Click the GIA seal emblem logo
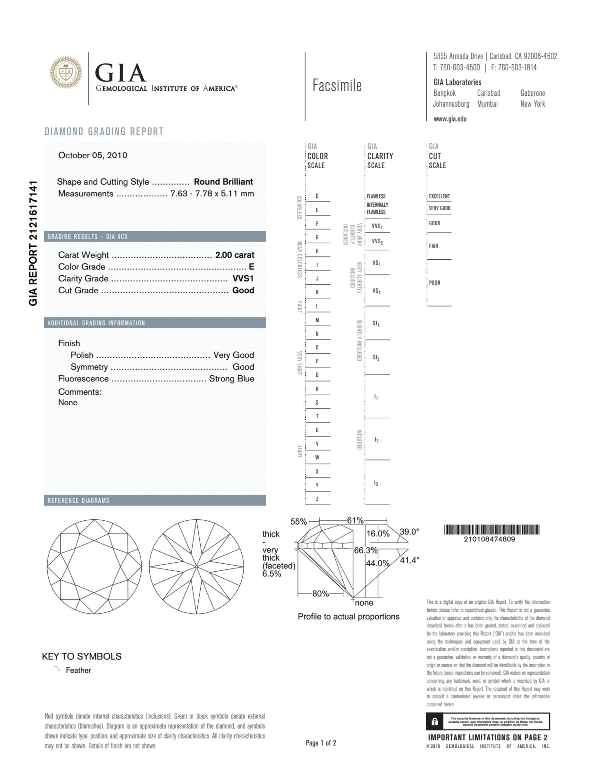click(66, 72)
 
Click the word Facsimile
click(337, 86)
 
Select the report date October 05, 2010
click(92, 155)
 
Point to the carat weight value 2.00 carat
click(234, 255)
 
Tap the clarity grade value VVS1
click(243, 279)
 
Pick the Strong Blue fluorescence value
click(232, 379)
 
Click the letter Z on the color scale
click(317, 499)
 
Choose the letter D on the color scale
click(317, 196)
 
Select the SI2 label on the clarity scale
click(376, 357)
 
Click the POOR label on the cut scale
click(434, 283)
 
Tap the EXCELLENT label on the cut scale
click(439, 196)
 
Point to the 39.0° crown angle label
click(409, 531)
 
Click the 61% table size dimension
click(355, 520)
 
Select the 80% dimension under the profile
click(320, 593)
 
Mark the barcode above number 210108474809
click(491, 529)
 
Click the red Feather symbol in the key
click(57, 669)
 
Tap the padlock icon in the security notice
click(434, 722)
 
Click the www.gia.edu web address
click(450, 119)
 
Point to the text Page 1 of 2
click(321, 743)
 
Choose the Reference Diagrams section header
click(79, 500)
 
